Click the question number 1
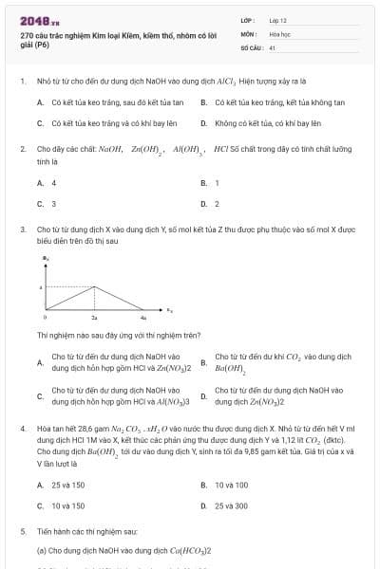(x=22, y=82)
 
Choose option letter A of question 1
(x=40, y=102)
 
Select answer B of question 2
(x=204, y=183)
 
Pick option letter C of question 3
(x=40, y=395)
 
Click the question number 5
(x=22, y=532)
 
